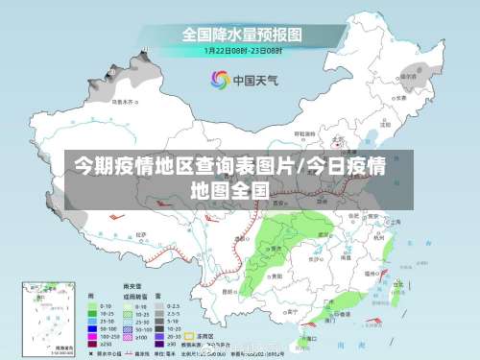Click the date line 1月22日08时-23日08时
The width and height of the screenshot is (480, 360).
(x=242, y=50)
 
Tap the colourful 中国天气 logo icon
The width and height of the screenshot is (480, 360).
(x=220, y=80)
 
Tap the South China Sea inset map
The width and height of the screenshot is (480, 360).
(x=48, y=317)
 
